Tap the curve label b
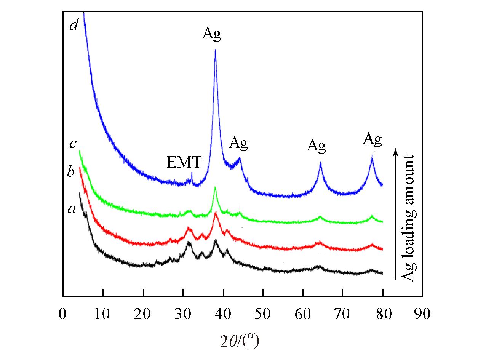point(71,172)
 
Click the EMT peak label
point(184,163)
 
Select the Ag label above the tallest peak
point(211,34)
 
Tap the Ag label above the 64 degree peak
point(317,146)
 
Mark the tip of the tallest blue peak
point(216,50)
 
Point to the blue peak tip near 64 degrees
point(321,163)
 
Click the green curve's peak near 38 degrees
point(215,187)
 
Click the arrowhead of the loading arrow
point(396,151)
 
